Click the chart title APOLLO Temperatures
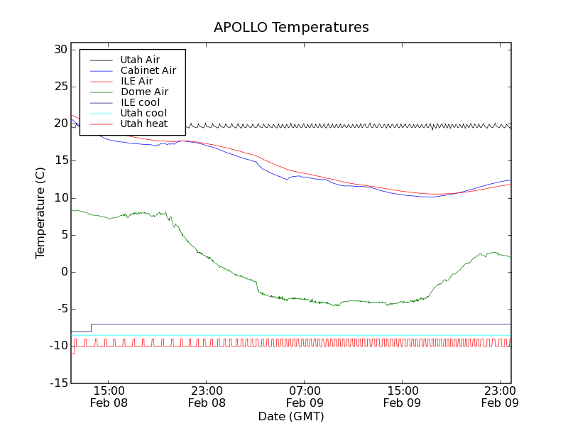(x=291, y=28)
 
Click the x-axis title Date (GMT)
(x=291, y=416)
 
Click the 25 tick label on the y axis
(x=59, y=87)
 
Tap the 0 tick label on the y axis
(x=63, y=272)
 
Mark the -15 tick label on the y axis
(x=57, y=383)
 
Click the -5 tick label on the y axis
(x=60, y=309)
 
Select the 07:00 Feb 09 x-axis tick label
(x=305, y=396)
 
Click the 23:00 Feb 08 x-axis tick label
(x=207, y=396)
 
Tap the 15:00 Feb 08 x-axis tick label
(x=109, y=396)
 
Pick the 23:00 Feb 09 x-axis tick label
(x=501, y=396)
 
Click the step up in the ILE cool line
(x=91, y=327)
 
